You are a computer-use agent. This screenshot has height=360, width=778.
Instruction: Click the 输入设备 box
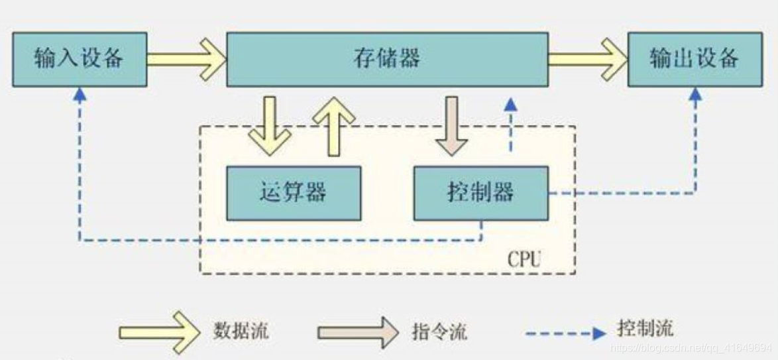79,59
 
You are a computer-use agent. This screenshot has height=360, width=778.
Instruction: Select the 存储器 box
387,59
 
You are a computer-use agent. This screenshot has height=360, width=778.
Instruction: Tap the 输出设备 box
694,59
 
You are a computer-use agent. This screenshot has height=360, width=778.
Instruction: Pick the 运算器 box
294,193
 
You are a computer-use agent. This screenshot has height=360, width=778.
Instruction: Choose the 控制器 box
480,193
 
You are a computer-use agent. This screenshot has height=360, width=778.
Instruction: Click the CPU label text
524,258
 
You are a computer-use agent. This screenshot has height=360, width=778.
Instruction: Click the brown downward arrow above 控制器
452,126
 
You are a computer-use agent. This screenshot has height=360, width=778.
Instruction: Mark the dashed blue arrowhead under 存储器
510,105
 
